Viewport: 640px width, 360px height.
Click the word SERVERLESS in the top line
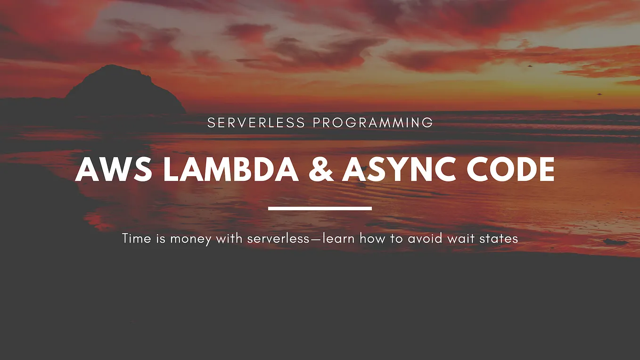pyautogui.click(x=256, y=123)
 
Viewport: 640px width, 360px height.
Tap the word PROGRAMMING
pyautogui.click(x=373, y=123)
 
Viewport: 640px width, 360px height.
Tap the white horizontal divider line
pyautogui.click(x=320, y=208)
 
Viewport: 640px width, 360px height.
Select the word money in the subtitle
pyautogui.click(x=191, y=239)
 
